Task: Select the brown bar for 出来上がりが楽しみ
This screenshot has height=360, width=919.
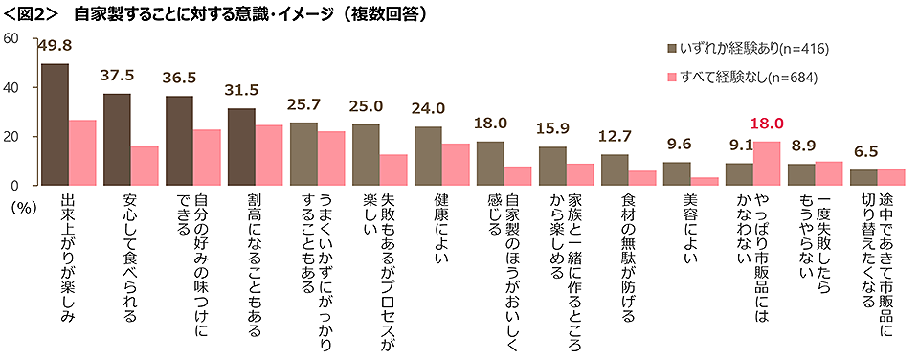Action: (55, 124)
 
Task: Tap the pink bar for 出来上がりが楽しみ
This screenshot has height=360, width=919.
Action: (83, 152)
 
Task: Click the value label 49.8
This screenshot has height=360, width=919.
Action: (55, 46)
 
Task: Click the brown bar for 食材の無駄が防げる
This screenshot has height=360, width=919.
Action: (615, 169)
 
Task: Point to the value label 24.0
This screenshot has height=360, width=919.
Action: (428, 108)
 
